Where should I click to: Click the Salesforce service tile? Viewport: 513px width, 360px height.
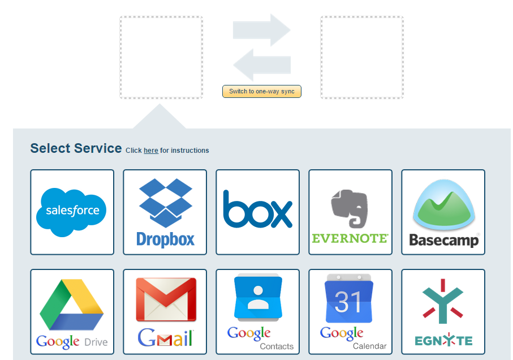(72, 212)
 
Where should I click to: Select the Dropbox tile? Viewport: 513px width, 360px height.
(165, 212)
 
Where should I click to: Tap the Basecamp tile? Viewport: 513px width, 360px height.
(443, 212)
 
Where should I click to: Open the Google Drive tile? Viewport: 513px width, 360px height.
(72, 311)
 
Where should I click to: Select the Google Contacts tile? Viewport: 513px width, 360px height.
(257, 311)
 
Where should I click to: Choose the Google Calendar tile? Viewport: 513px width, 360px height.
(350, 311)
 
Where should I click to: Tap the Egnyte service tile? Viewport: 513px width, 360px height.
(443, 311)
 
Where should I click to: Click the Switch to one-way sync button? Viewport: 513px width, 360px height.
(262, 91)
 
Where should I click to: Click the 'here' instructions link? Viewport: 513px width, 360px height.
(151, 151)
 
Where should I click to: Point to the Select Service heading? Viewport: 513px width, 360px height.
(76, 148)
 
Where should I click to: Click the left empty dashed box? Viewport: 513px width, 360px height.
(161, 57)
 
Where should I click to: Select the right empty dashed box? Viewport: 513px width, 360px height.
(362, 57)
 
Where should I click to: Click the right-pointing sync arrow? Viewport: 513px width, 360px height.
(262, 30)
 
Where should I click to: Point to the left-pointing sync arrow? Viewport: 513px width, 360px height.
(261, 65)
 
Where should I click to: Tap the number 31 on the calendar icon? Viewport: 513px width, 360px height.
(348, 303)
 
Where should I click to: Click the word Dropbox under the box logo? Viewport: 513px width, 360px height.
(165, 239)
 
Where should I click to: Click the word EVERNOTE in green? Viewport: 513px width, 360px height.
(350, 238)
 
